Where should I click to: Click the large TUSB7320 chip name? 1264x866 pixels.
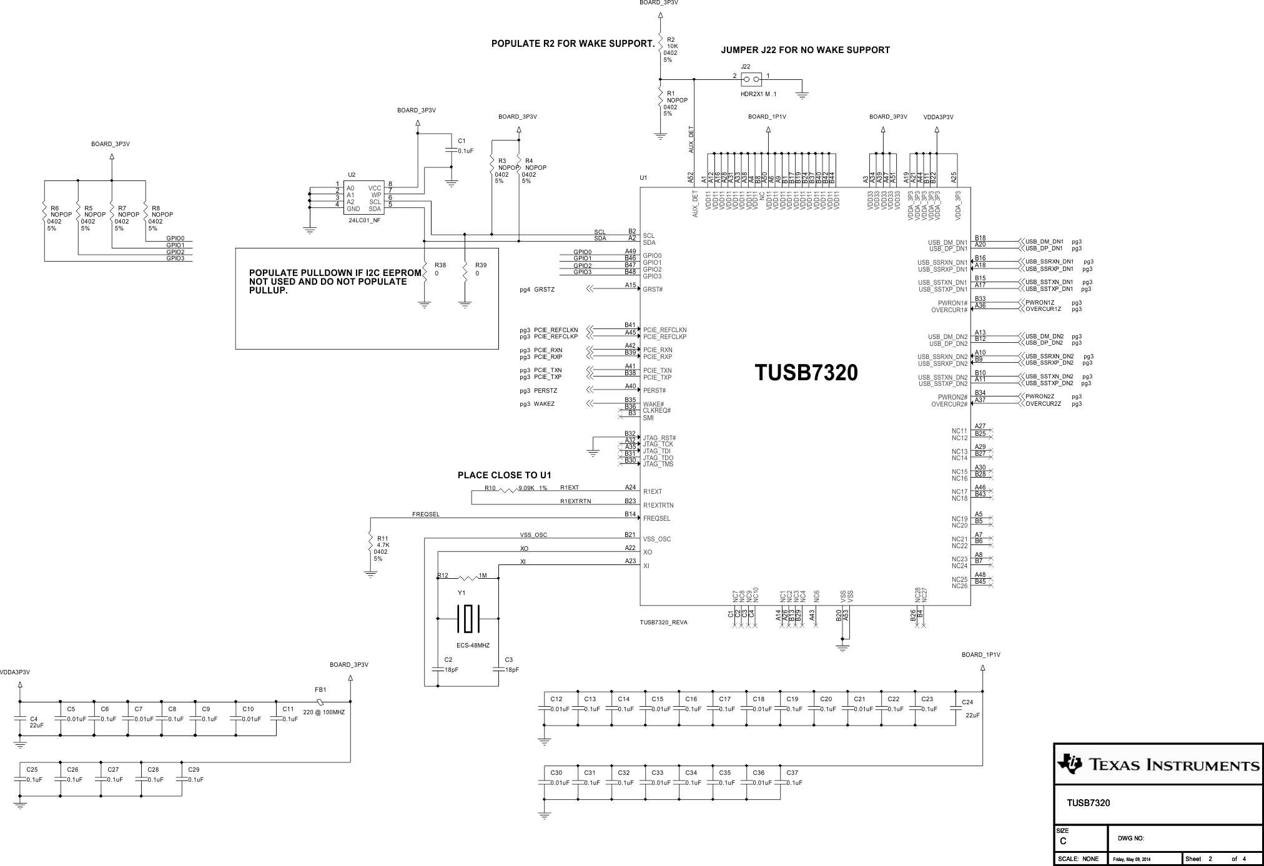806,373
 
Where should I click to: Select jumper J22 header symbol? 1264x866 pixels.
751,79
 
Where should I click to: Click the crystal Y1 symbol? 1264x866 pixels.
468,619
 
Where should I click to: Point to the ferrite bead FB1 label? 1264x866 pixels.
320,690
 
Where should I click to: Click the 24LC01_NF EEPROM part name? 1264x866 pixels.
364,220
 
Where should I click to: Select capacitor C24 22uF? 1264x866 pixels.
955,708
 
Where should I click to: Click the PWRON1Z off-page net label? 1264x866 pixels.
1040,303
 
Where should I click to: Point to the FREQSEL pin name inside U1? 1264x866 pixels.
656,519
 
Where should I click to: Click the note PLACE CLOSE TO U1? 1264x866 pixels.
504,475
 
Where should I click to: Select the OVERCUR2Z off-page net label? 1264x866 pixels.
1043,404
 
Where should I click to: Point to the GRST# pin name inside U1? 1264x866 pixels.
653,290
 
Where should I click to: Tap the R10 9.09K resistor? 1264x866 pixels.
509,490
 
